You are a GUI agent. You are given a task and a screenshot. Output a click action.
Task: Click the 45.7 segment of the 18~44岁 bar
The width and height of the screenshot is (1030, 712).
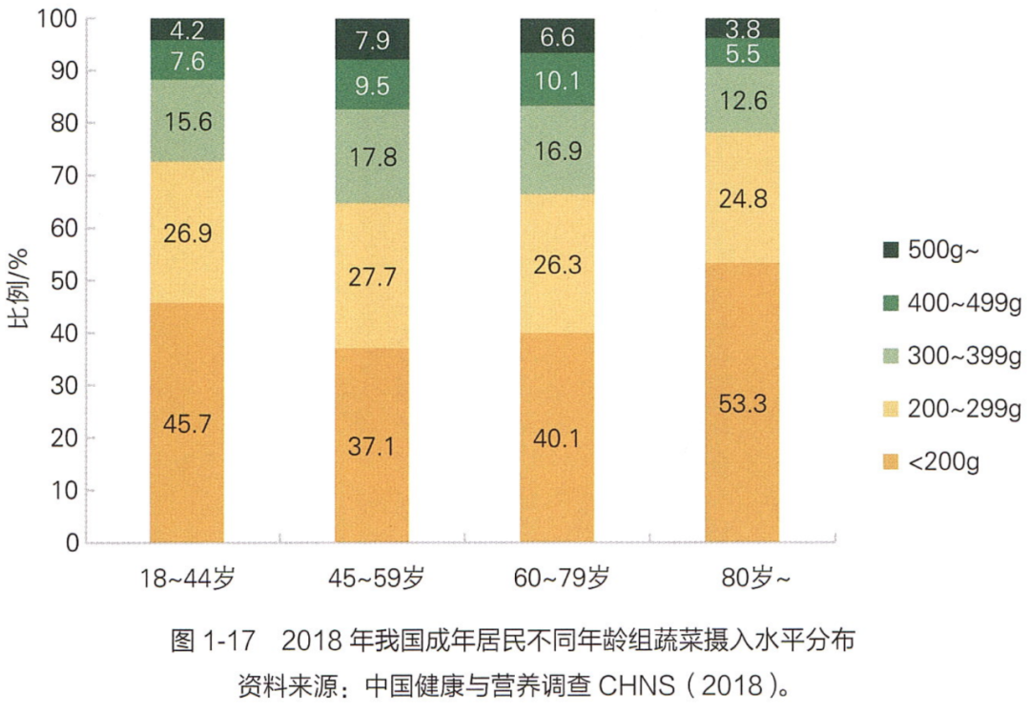(x=187, y=422)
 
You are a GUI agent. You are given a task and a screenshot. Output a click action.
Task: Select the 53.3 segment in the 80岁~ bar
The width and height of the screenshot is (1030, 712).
(x=742, y=403)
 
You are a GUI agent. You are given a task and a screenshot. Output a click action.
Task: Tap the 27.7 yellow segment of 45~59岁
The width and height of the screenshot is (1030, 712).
(x=372, y=275)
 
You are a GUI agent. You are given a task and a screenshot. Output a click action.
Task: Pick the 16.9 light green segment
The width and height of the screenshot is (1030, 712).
(x=557, y=151)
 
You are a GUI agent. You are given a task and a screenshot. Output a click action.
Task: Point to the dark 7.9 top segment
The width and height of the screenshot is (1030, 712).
(x=372, y=39)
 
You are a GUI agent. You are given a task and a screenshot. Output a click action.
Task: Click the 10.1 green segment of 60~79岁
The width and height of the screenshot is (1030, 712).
(x=557, y=79)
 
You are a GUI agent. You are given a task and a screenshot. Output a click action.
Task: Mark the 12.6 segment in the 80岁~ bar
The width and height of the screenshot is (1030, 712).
(x=742, y=100)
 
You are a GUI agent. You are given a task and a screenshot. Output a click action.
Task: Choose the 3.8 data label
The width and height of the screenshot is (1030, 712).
(x=742, y=29)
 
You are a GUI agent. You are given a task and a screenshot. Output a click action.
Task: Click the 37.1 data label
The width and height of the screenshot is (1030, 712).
(x=371, y=446)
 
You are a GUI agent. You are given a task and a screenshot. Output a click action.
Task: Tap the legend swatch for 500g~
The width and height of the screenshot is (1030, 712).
(x=890, y=250)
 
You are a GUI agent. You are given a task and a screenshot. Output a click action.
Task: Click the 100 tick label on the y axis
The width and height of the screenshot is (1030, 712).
(x=57, y=19)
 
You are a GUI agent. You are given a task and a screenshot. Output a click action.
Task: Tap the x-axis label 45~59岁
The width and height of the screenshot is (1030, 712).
(x=377, y=579)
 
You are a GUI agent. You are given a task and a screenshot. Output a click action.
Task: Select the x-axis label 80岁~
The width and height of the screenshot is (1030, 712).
(x=754, y=579)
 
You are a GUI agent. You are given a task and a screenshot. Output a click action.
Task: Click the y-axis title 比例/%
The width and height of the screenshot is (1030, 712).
(x=20, y=288)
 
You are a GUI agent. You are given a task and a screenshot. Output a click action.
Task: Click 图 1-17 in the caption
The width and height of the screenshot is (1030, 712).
(x=212, y=641)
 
